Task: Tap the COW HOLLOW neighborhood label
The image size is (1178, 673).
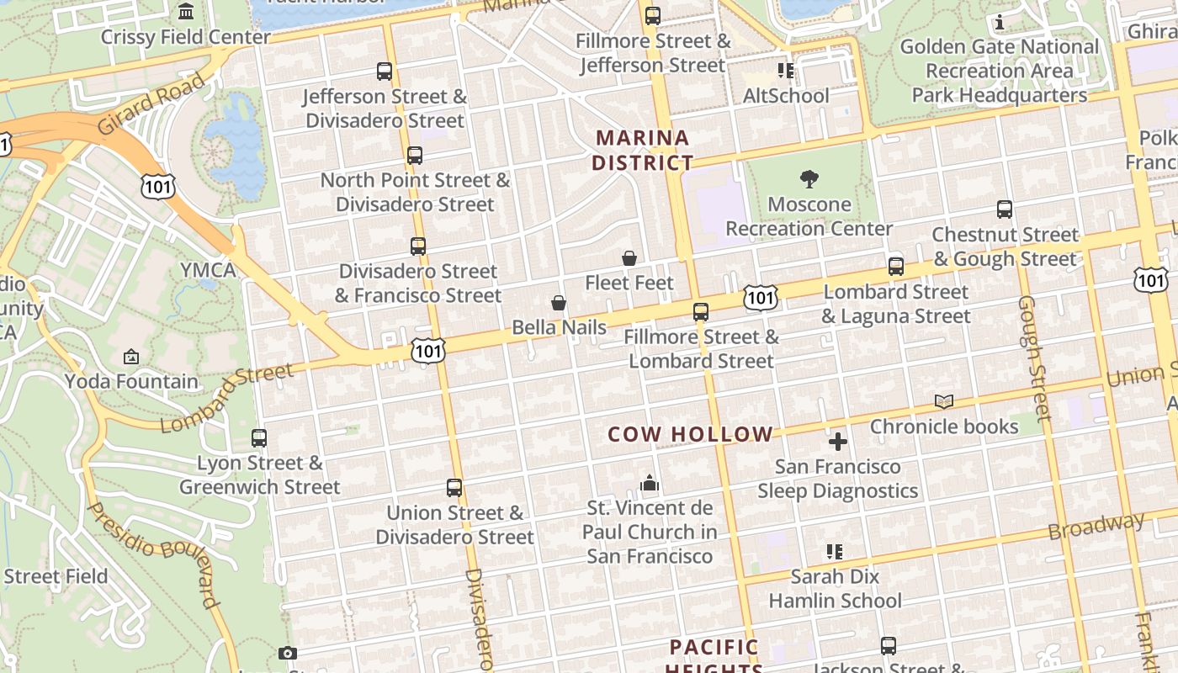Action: (x=690, y=434)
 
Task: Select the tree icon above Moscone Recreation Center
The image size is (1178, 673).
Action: (x=809, y=179)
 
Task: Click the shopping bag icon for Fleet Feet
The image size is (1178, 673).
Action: (x=629, y=258)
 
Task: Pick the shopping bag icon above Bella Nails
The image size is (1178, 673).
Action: (x=559, y=303)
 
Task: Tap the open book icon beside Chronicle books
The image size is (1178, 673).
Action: (x=944, y=402)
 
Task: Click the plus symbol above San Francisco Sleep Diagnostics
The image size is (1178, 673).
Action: (x=838, y=442)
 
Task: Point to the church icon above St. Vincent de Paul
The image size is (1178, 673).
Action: (x=650, y=483)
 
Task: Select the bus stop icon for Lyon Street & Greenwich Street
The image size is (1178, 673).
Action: (x=259, y=438)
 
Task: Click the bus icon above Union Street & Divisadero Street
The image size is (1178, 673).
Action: (x=454, y=488)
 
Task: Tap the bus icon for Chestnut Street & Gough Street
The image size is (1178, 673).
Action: (x=1004, y=209)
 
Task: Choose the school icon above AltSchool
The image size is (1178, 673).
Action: (x=786, y=71)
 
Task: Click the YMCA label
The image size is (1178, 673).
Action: (x=208, y=270)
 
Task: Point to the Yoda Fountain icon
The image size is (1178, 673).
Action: (x=131, y=358)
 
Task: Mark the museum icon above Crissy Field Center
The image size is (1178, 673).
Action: (x=186, y=12)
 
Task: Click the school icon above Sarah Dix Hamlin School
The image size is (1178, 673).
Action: (x=835, y=552)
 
